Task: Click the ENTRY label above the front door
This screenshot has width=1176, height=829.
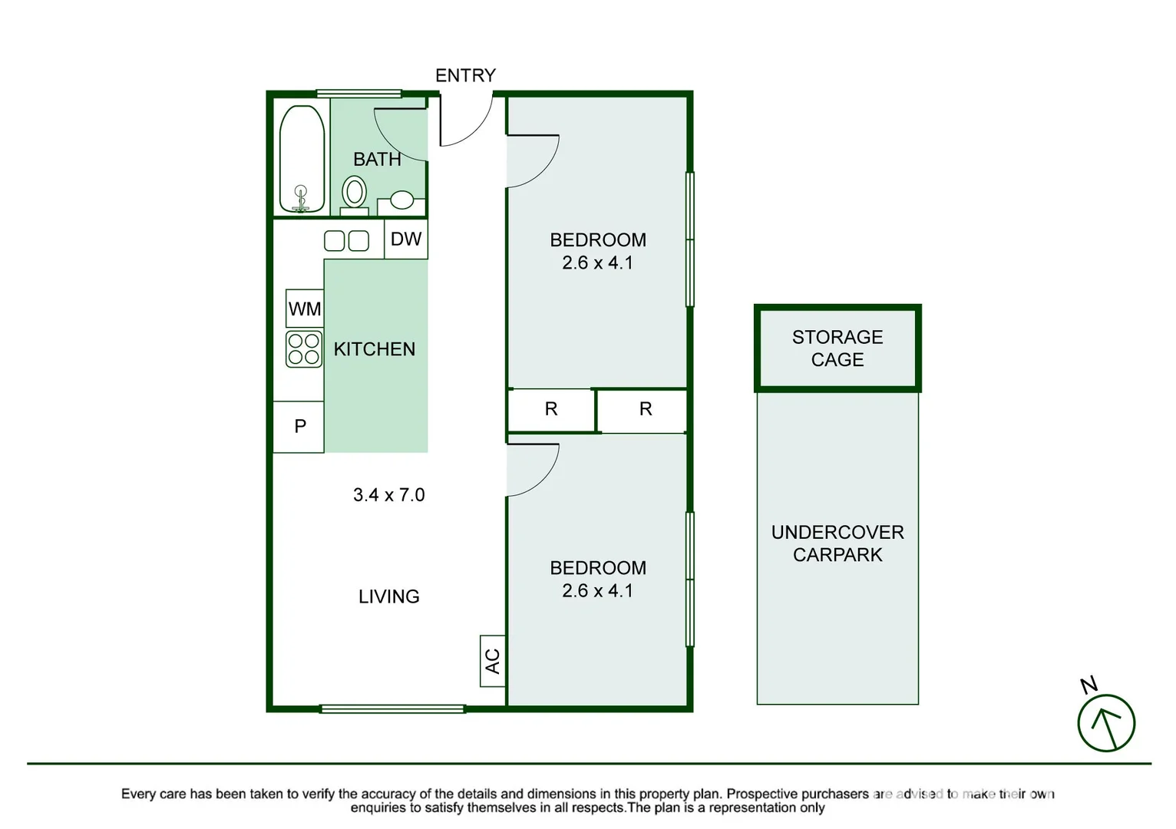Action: pos(465,75)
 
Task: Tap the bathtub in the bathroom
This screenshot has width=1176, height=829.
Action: pos(302,159)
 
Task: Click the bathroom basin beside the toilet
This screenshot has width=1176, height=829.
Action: pos(401,201)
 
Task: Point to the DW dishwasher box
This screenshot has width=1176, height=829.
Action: pos(405,239)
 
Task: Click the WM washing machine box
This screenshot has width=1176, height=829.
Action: pos(305,309)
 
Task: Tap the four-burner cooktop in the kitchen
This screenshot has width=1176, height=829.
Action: pos(304,348)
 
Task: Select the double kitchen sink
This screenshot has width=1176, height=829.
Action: pos(346,241)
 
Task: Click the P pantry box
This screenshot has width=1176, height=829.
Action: pos(299,426)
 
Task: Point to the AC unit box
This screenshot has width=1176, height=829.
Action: pos(493,660)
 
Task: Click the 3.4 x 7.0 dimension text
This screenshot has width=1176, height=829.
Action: pos(388,495)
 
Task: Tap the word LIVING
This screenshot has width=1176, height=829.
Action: pos(388,596)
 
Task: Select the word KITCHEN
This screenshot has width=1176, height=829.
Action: pos(374,349)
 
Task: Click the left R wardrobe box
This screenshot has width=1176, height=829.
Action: pos(551,410)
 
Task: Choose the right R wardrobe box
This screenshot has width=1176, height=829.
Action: pos(645,410)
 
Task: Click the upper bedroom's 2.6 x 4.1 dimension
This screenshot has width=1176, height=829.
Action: pos(597,263)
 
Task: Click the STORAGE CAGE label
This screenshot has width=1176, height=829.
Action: pos(837,348)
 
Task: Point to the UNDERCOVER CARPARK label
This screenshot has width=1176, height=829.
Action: pos(837,543)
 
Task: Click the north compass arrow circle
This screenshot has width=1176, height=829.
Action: pos(1106,723)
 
